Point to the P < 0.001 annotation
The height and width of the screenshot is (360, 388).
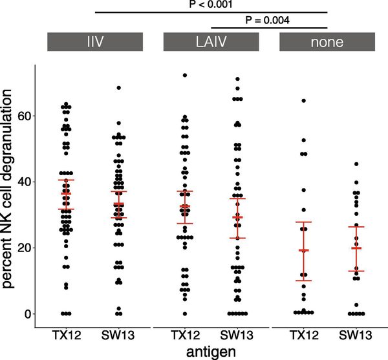(211, 5)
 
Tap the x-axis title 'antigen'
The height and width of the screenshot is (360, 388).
(211, 350)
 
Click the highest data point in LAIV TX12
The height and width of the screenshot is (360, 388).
(185, 76)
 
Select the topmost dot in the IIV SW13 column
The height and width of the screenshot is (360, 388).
(118, 88)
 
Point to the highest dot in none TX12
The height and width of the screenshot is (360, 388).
(303, 101)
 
